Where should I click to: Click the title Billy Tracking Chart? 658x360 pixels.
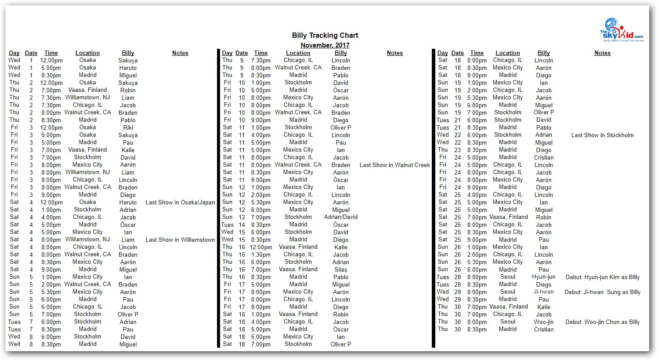click(325, 35)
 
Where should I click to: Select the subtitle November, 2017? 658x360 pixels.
click(325, 45)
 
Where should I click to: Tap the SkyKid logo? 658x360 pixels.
click(621, 30)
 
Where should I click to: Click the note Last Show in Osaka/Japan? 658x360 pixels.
click(180, 202)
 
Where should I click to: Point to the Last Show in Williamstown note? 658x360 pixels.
click(180, 240)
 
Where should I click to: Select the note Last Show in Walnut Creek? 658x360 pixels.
click(394, 165)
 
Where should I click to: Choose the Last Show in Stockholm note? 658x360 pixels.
click(602, 135)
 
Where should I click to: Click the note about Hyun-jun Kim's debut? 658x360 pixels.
click(602, 277)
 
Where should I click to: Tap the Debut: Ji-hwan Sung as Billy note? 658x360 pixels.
click(602, 292)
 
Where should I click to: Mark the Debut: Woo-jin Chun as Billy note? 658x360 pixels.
click(602, 322)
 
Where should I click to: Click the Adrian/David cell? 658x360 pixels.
click(341, 217)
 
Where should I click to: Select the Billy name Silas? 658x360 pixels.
click(341, 269)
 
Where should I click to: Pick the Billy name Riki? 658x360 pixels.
click(128, 127)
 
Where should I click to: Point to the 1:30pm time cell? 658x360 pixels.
click(261, 255)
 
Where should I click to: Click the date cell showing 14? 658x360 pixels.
click(242, 225)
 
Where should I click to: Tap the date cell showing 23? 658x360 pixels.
click(457, 150)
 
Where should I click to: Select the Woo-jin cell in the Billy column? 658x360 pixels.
click(543, 322)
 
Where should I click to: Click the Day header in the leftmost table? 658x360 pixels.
click(14, 53)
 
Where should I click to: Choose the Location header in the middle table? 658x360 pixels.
click(298, 53)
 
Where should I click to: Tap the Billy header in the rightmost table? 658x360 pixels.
click(543, 53)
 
